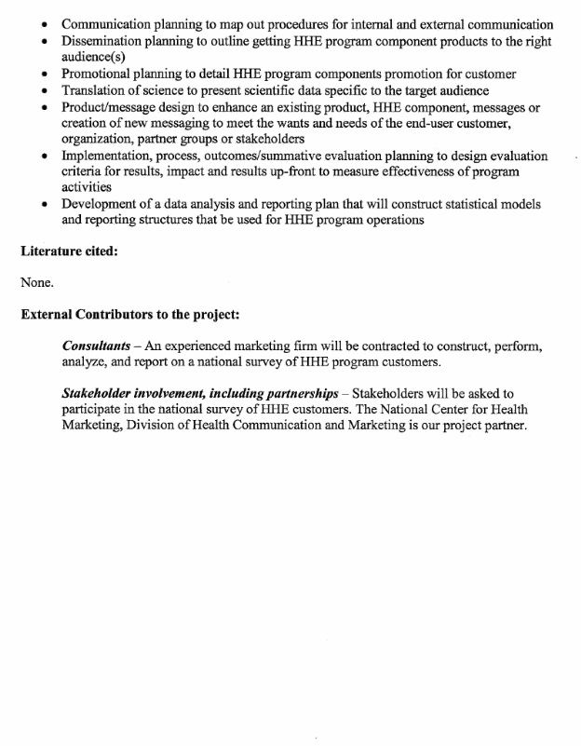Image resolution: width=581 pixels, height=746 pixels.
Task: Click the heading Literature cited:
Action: pyautogui.click(x=69, y=251)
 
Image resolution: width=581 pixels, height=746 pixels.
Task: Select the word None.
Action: pyautogui.click(x=37, y=282)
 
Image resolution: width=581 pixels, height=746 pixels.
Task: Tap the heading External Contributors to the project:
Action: pyautogui.click(x=129, y=314)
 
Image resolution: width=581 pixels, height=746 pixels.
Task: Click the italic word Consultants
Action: pyautogui.click(x=96, y=346)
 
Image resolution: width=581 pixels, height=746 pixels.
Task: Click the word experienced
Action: pyautogui.click(x=200, y=346)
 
